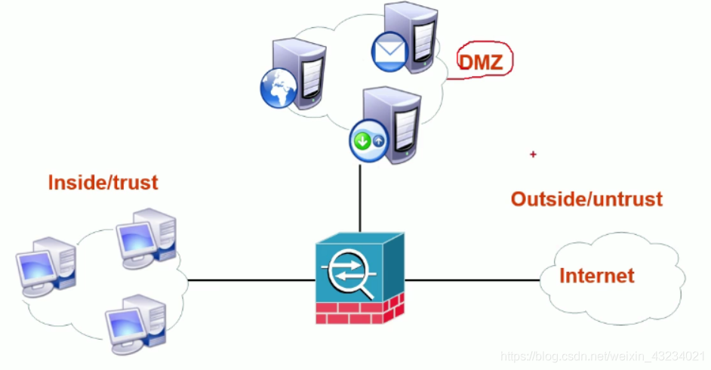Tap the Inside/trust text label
pyautogui.click(x=103, y=182)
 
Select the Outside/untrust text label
pyautogui.click(x=586, y=199)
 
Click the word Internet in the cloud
pyautogui.click(x=596, y=276)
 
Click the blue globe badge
pyautogui.click(x=277, y=90)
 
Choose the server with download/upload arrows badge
pyautogui.click(x=389, y=125)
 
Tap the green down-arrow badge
pyautogui.click(x=362, y=141)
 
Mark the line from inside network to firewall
pyautogui.click(x=249, y=280)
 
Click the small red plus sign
pyautogui.click(x=533, y=154)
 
